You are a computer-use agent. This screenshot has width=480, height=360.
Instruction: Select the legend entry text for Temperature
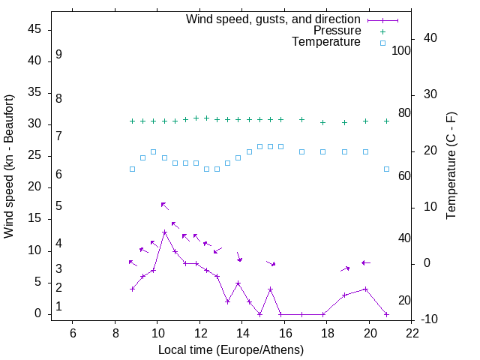(x=326, y=42)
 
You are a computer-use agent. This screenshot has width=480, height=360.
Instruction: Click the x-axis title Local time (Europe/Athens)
(x=231, y=349)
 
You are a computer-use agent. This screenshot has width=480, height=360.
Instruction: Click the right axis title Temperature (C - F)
(x=451, y=166)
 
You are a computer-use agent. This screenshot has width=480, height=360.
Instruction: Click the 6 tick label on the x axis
(x=73, y=332)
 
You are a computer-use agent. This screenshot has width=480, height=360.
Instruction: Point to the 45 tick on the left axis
(x=34, y=29)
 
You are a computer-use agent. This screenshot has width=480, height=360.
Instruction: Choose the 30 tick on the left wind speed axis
(x=34, y=124)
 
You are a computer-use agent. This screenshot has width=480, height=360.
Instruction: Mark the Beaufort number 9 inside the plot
(x=58, y=55)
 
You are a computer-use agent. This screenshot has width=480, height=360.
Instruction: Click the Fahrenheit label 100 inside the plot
(x=402, y=50)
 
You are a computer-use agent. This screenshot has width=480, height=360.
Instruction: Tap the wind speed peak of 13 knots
(x=164, y=232)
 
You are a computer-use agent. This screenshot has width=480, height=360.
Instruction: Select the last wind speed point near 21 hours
(x=386, y=314)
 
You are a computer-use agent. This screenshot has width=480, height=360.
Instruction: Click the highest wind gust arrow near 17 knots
(x=164, y=205)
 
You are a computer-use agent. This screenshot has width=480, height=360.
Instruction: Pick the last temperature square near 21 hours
(x=386, y=169)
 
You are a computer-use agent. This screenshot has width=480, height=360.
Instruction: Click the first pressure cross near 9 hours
(x=132, y=121)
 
